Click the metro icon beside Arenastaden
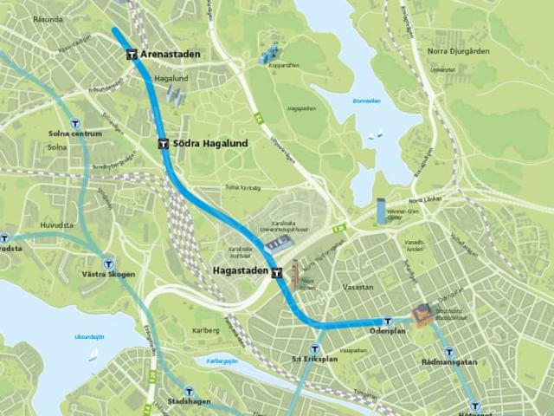132,54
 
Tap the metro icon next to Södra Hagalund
164,143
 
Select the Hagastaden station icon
277,272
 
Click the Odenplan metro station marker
388,320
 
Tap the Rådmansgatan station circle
448,352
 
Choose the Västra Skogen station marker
108,263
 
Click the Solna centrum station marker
75,123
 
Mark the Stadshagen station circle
189,392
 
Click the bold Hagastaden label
239,271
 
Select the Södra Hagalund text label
211,143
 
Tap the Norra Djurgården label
458,51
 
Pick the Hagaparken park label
302,110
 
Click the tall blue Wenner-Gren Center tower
381,210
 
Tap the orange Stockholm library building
422,315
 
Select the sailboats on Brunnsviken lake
375,134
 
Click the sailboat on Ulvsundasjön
93,354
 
